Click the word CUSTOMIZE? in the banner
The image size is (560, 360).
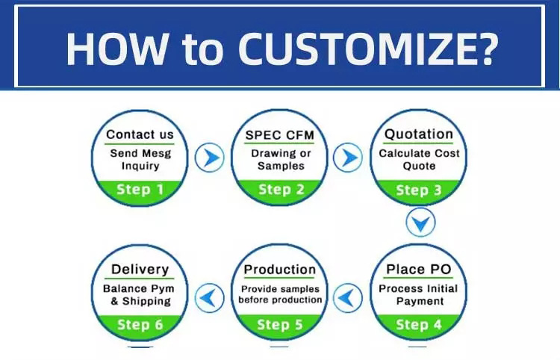pos(368,49)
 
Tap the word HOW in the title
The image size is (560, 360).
pos(116,49)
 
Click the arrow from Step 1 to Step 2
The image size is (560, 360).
pos(210,158)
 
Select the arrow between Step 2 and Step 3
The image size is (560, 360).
pos(348,158)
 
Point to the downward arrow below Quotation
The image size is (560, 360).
pos(420,222)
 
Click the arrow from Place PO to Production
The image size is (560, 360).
pos(348,298)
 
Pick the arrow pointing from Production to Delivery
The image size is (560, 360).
pos(210,298)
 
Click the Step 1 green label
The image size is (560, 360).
pos(140,190)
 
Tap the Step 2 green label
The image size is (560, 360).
pos(281,190)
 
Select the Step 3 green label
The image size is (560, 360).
pos(419,190)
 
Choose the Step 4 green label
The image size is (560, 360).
pos(419,325)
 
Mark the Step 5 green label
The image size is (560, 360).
pos(280,325)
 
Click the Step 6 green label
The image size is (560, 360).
pos(140,325)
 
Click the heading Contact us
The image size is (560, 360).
pos(140,134)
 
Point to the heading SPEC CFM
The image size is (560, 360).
pos(280,135)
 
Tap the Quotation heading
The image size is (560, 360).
pos(419,134)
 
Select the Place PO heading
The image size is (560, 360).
pos(419,270)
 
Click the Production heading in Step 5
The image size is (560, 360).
pos(280,270)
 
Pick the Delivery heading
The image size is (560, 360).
pos(140,270)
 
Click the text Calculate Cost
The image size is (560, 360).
pos(420,154)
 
